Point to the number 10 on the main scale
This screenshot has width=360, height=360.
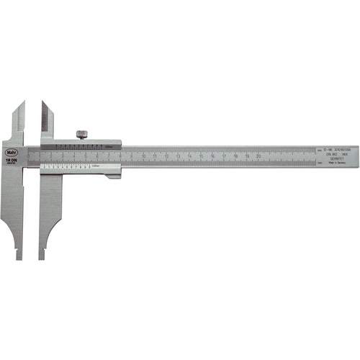click(144, 156)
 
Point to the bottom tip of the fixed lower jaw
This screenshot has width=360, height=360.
click(19, 256)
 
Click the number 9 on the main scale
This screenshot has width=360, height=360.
click(133, 156)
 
